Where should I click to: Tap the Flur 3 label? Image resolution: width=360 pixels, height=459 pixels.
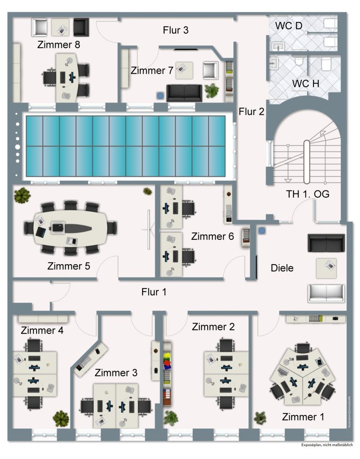click(176, 30)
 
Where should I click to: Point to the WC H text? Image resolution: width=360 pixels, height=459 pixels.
click(306, 83)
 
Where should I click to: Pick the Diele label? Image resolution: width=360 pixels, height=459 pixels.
click(282, 268)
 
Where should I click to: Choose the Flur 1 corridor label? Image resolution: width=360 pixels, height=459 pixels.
click(154, 292)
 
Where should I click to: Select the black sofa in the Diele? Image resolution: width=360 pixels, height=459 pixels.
click(326, 242)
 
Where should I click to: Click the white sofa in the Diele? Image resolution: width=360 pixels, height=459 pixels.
click(326, 292)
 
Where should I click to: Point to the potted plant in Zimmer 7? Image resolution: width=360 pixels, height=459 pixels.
click(212, 90)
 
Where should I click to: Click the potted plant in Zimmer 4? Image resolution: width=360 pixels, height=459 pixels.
click(61, 417)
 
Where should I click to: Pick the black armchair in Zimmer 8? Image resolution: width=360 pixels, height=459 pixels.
click(81, 27)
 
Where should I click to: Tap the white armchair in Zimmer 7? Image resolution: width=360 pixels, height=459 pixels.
click(210, 70)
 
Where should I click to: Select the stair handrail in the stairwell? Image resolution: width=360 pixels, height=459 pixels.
click(307, 162)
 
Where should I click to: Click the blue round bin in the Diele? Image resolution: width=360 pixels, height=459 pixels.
click(262, 230)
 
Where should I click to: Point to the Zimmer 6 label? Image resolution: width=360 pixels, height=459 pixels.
click(212, 237)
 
